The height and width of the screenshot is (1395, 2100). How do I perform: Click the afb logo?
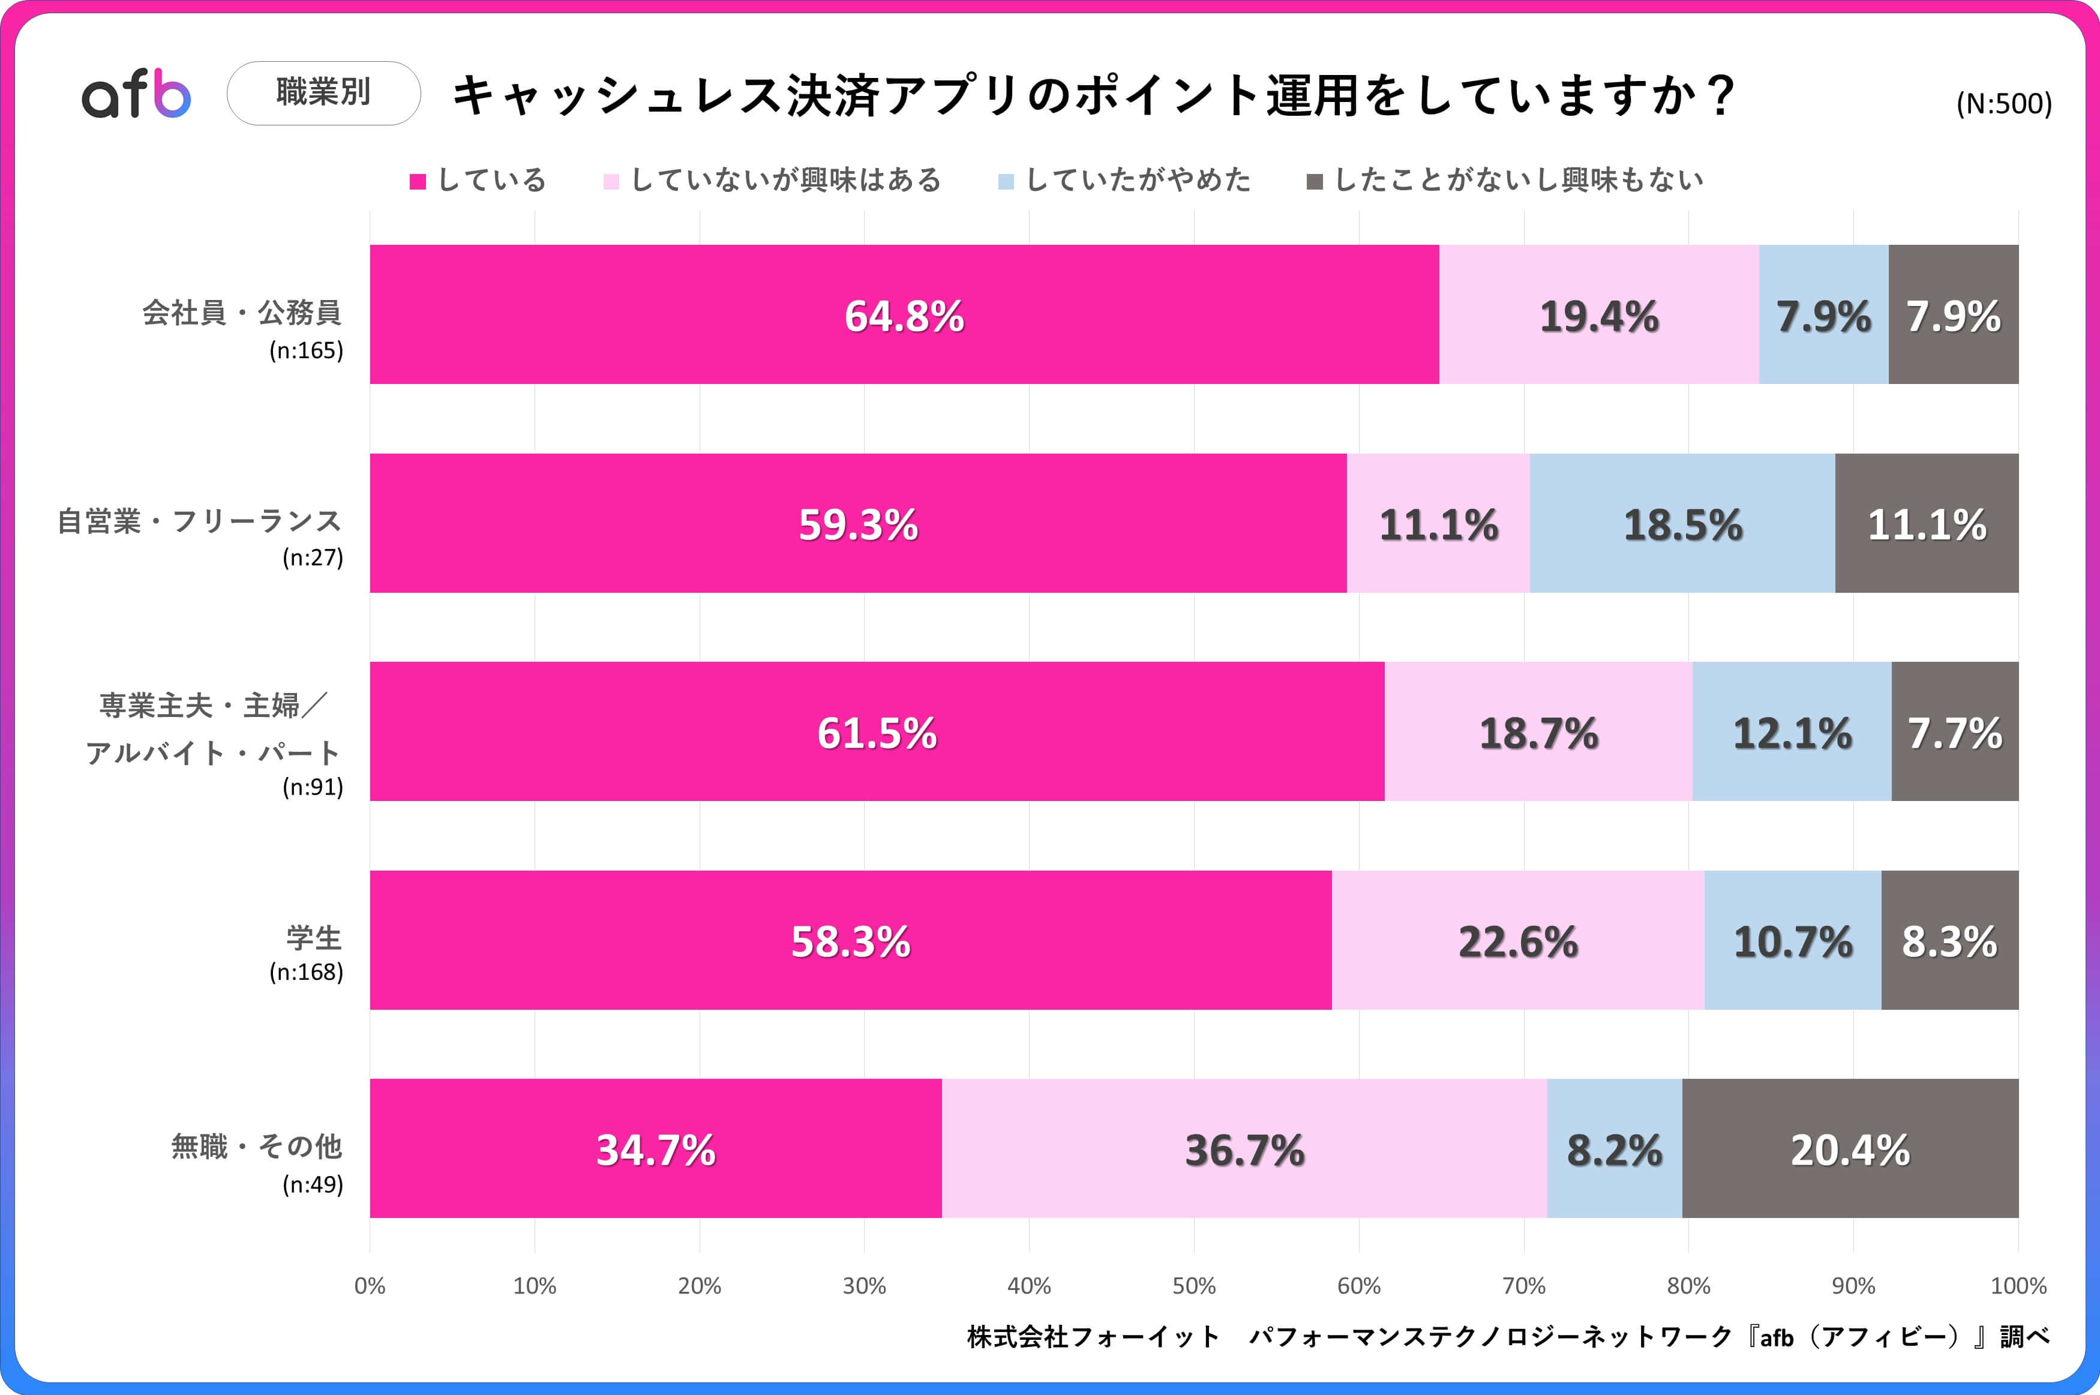pos(136,94)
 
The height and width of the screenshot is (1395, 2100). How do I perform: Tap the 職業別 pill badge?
pos(324,92)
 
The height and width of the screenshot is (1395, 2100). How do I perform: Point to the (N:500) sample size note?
pos(2003,104)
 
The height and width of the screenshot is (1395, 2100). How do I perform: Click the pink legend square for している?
pos(417,181)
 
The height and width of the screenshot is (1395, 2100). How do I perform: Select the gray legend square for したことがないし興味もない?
pos(1314,181)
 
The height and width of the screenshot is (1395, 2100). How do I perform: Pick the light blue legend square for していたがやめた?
pos(1006,181)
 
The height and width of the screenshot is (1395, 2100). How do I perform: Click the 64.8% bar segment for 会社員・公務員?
pos(904,315)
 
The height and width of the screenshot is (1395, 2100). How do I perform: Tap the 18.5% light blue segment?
pos(1682,523)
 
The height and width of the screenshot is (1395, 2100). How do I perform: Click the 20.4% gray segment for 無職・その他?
pos(1850,1148)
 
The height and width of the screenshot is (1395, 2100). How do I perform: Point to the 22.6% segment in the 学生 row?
pos(1517,940)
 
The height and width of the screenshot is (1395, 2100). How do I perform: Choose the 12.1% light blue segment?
pos(1792,732)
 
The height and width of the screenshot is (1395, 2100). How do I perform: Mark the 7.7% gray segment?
pos(1954,732)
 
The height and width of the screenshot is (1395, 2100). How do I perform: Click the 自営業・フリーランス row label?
pos(199,521)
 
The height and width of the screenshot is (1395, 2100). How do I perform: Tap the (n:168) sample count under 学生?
pos(306,971)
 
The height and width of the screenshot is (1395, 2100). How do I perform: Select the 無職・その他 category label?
pos(256,1146)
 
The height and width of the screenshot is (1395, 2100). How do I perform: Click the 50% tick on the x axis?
pos(1193,1286)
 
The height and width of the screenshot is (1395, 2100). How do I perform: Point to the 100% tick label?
pos(2017,1286)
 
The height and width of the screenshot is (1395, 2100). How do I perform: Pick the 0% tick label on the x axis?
pos(370,1286)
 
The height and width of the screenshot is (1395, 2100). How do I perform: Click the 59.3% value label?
pos(857,524)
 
